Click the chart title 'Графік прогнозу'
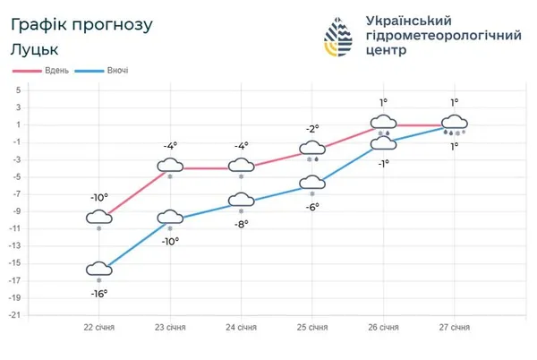pos(76,24)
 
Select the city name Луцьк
pos(35,49)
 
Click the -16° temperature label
pos(99,293)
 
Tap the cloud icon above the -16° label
pos(99,269)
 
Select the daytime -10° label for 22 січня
pos(98,198)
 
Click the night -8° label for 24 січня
pos(241,225)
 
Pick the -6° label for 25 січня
pos(312,206)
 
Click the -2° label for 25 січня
pos(312,129)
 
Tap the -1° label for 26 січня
pos(383,163)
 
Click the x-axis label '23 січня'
pos(170,328)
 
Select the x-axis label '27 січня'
pos(455,328)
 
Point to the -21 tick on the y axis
pos(15,315)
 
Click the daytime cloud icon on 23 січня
pos(170,165)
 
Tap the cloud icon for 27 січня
pos(455,122)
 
